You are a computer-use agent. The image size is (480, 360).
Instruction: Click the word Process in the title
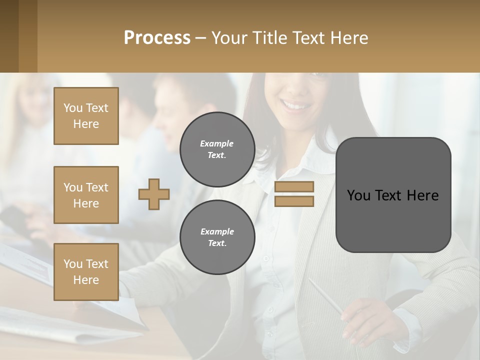coord(157,38)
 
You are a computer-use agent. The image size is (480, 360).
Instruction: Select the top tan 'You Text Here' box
coord(86,116)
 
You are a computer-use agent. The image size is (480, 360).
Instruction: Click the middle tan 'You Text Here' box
coord(86,195)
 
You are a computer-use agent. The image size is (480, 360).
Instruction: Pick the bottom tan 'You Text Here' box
coord(86,272)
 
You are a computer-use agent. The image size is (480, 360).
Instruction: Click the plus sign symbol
coord(154,194)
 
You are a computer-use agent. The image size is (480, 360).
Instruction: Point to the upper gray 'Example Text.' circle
coord(217,149)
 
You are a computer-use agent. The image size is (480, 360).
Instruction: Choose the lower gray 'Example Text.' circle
coord(217,237)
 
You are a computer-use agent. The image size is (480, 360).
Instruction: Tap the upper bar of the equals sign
coord(294,187)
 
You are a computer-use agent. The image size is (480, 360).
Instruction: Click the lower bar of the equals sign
coord(294,201)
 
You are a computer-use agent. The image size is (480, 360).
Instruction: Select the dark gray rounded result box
coord(393,220)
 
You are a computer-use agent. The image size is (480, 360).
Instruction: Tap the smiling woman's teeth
coord(295,105)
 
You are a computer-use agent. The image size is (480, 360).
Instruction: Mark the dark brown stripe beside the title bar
coord(9,36)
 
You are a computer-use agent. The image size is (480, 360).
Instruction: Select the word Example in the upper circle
coord(217,144)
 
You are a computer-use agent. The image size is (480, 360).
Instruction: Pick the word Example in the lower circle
coord(217,232)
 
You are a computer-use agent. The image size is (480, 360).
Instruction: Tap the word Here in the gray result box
coord(422,195)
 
